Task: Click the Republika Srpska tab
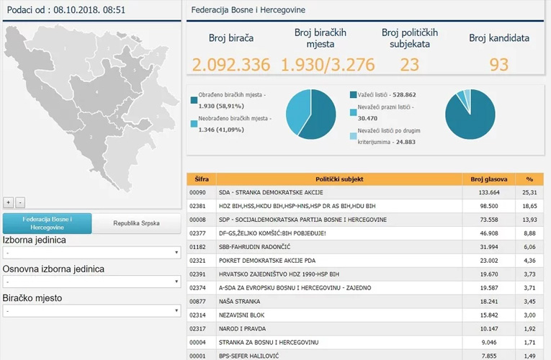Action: point(136,223)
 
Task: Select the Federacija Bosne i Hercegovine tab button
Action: point(47,223)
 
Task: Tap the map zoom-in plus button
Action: point(9,202)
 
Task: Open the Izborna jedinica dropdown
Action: point(91,253)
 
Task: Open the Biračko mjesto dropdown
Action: point(91,311)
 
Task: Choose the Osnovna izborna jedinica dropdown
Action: point(91,282)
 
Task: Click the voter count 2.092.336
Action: point(231,65)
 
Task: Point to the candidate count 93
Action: point(499,65)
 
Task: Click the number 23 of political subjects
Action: point(410,65)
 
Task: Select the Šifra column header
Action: point(202,179)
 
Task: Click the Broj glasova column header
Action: point(489,179)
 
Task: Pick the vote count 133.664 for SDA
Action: point(489,192)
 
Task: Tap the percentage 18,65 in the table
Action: point(529,206)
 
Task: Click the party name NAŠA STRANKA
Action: point(239,302)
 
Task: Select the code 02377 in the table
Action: point(197,233)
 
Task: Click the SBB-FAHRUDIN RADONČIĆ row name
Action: point(254,247)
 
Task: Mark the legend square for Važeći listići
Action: point(353,95)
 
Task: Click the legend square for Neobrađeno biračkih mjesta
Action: point(194,124)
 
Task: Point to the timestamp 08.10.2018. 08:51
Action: point(89,10)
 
